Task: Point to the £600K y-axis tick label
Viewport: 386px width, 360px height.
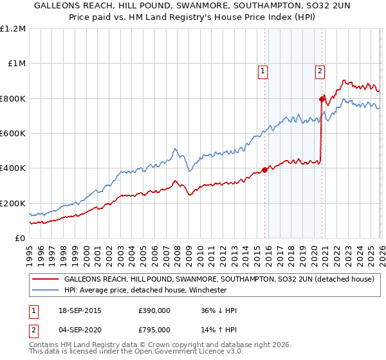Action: [x=13, y=134]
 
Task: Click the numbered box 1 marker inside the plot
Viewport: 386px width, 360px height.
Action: [x=264, y=72]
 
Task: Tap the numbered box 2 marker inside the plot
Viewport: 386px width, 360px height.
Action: [x=320, y=72]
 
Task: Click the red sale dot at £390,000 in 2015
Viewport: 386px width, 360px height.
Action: [x=264, y=170]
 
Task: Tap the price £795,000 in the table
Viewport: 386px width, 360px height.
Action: [x=154, y=329]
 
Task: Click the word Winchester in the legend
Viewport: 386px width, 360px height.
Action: [x=207, y=290]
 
